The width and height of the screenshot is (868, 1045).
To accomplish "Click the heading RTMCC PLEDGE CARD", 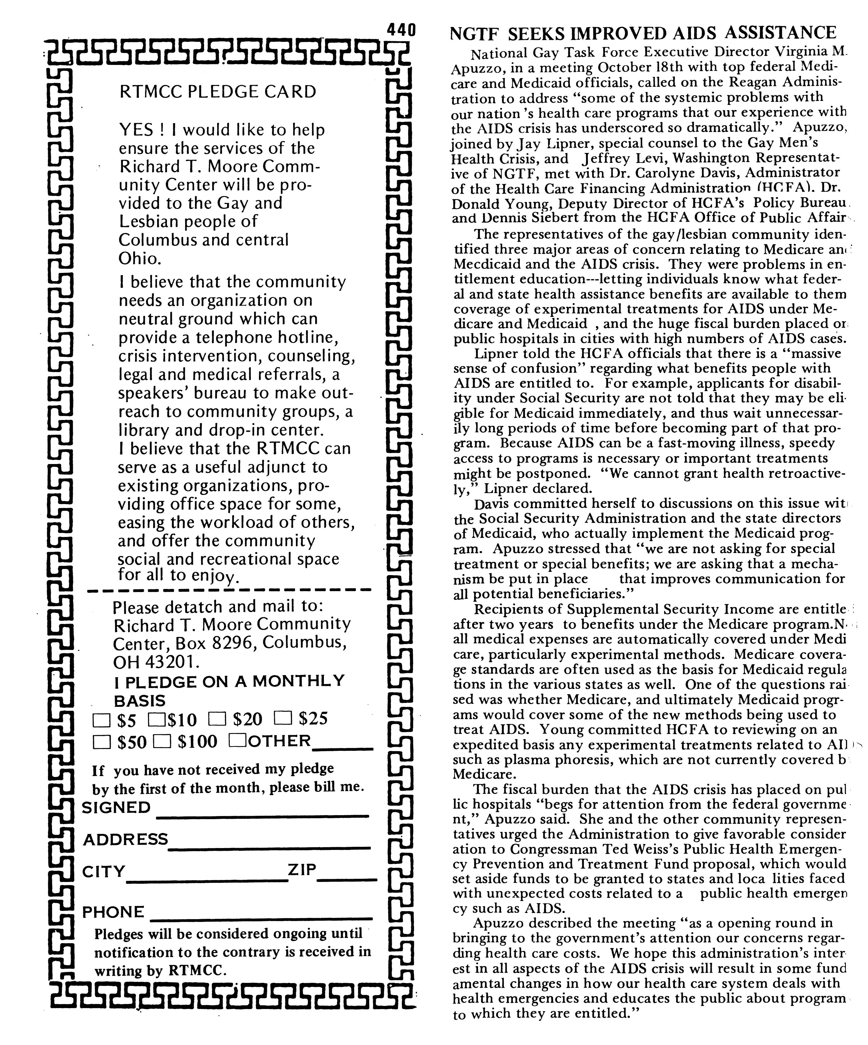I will tap(218, 92).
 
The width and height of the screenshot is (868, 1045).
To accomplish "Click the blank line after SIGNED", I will tap(263, 815).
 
